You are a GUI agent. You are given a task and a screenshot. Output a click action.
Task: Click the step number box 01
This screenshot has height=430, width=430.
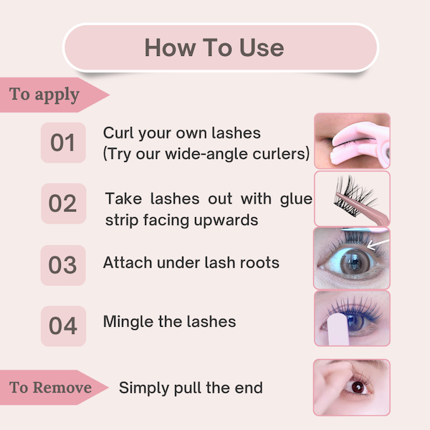point(63,143)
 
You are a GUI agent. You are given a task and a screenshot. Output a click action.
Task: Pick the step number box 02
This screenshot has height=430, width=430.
point(63,204)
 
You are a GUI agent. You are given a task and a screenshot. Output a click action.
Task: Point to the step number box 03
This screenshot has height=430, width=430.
point(63,264)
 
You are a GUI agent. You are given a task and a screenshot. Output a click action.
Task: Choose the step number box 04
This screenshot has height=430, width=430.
point(63,325)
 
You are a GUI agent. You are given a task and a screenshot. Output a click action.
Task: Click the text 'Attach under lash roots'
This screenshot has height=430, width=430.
point(191,263)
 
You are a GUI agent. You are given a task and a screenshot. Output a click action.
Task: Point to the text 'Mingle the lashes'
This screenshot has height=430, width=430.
point(170,321)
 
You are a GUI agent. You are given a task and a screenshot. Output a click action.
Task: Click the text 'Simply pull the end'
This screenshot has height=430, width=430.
point(191,388)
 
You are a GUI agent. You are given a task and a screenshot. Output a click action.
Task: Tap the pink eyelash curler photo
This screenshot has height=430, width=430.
point(352,140)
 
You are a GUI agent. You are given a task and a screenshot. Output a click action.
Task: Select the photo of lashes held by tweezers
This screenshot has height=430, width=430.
point(352,199)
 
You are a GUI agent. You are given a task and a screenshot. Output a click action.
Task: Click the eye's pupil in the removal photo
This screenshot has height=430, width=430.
point(356,388)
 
